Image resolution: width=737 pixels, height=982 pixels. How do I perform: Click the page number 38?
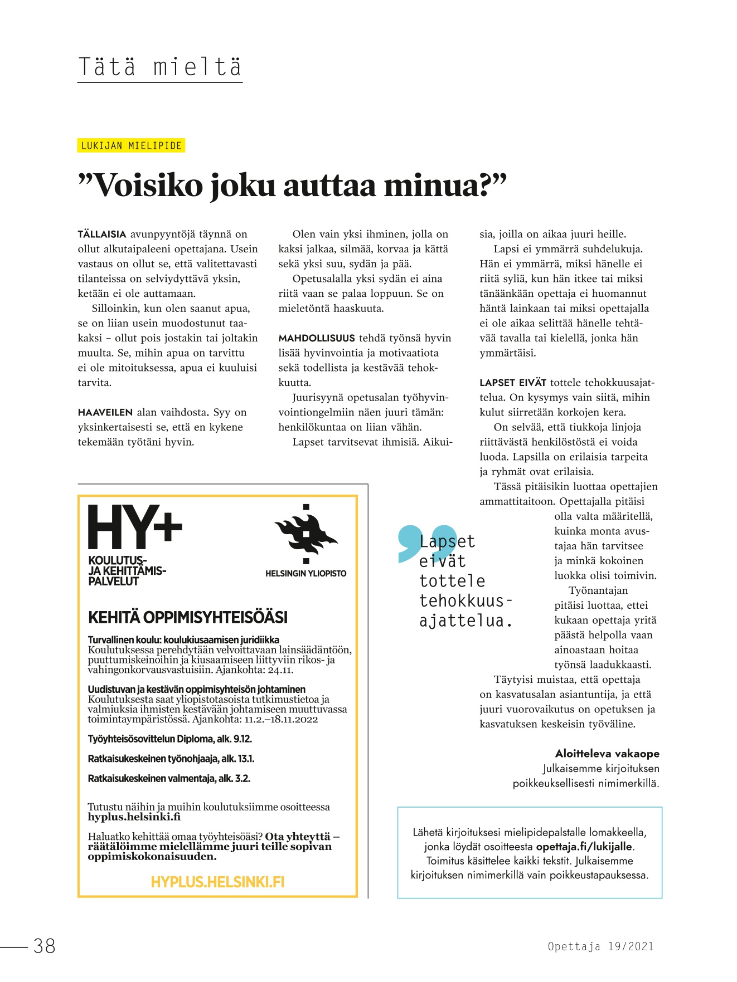[x=45, y=946]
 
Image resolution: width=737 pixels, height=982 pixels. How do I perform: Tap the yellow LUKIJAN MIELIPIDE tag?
[x=131, y=146]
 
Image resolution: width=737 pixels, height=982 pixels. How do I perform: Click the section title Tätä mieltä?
[x=160, y=67]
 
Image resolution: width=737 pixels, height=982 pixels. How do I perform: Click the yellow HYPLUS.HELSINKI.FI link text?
[x=217, y=882]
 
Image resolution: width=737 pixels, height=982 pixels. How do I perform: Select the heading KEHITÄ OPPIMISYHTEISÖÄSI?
[x=188, y=618]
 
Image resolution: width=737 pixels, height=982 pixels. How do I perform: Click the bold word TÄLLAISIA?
[x=102, y=234]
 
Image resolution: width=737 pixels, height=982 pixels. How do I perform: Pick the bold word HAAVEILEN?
[x=105, y=413]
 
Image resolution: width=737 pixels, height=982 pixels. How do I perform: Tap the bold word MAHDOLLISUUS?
[x=316, y=338]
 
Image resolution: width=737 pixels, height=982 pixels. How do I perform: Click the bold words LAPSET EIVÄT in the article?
[x=513, y=383]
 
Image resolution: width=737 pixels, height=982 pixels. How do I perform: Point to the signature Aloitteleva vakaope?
[x=607, y=754]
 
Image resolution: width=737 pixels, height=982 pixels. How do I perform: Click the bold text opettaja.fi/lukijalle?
[x=584, y=847]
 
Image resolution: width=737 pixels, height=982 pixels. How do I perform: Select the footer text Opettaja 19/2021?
[x=600, y=946]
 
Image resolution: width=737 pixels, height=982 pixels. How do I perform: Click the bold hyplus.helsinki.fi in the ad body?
[x=134, y=817]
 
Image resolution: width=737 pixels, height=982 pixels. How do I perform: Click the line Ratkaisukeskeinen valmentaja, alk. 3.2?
[x=169, y=779]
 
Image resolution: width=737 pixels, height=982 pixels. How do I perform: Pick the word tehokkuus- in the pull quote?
[x=465, y=601]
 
